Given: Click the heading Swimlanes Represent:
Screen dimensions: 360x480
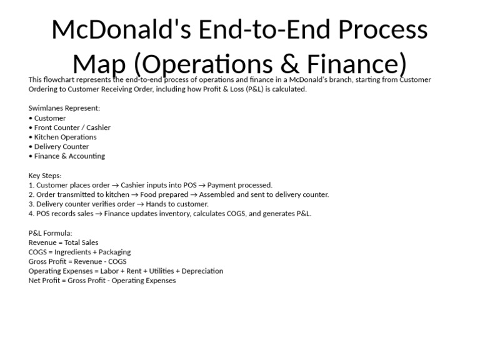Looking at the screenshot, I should pyautogui.click(x=64, y=108).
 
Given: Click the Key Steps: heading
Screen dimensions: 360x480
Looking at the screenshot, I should pyautogui.click(x=45, y=176).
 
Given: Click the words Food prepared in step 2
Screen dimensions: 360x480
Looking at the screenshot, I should pyautogui.click(x=161, y=194).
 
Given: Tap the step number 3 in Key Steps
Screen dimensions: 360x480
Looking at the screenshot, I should pyautogui.click(x=31, y=204).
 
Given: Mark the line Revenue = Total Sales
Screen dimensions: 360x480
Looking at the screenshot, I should pyautogui.click(x=63, y=242).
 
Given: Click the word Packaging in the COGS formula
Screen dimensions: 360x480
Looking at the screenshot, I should pyautogui.click(x=115, y=252).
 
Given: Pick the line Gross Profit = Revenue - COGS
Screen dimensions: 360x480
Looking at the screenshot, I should pyautogui.click(x=77, y=261).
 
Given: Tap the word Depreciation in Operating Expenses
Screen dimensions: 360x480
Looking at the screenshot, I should pyautogui.click(x=201, y=271).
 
